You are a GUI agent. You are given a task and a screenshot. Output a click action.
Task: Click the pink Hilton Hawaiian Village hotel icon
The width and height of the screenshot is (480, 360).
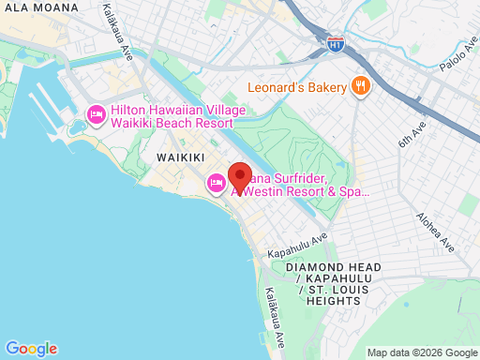coord(96,115)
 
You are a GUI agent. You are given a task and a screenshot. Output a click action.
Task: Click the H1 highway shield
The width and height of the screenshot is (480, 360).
coord(335,44)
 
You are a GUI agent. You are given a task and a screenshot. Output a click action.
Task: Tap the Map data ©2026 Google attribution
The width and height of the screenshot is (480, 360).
coord(422,352)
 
